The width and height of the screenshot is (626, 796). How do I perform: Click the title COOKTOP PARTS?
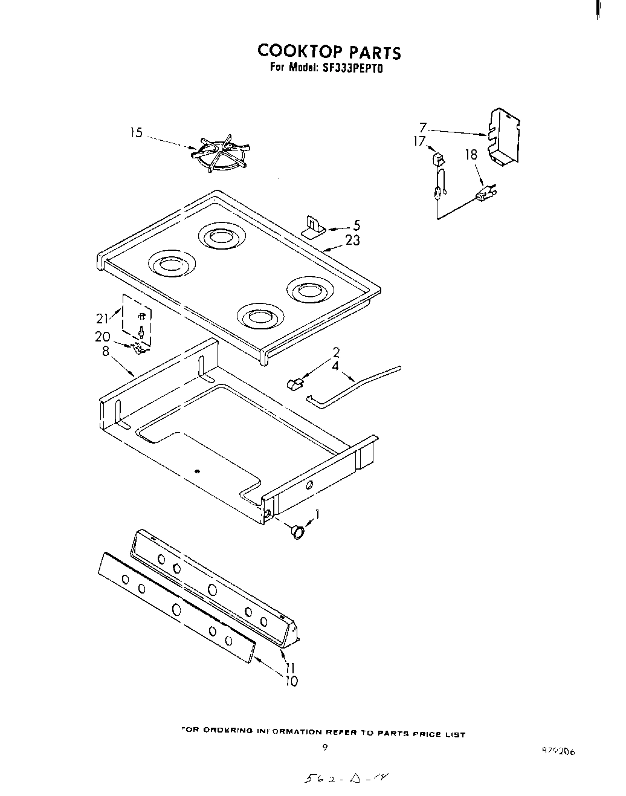329,52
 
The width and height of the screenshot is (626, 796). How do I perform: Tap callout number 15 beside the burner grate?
137,132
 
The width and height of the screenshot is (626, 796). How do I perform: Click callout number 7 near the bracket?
423,128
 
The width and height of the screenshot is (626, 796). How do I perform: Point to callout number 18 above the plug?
471,155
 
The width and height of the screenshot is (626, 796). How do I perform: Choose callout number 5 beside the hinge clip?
357,225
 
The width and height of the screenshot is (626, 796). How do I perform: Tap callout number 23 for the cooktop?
353,241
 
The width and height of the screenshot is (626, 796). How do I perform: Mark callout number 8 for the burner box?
106,351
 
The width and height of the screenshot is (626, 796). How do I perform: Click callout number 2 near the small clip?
336,352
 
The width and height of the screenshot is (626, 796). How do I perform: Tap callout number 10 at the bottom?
291,681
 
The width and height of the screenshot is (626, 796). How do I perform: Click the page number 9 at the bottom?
324,748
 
